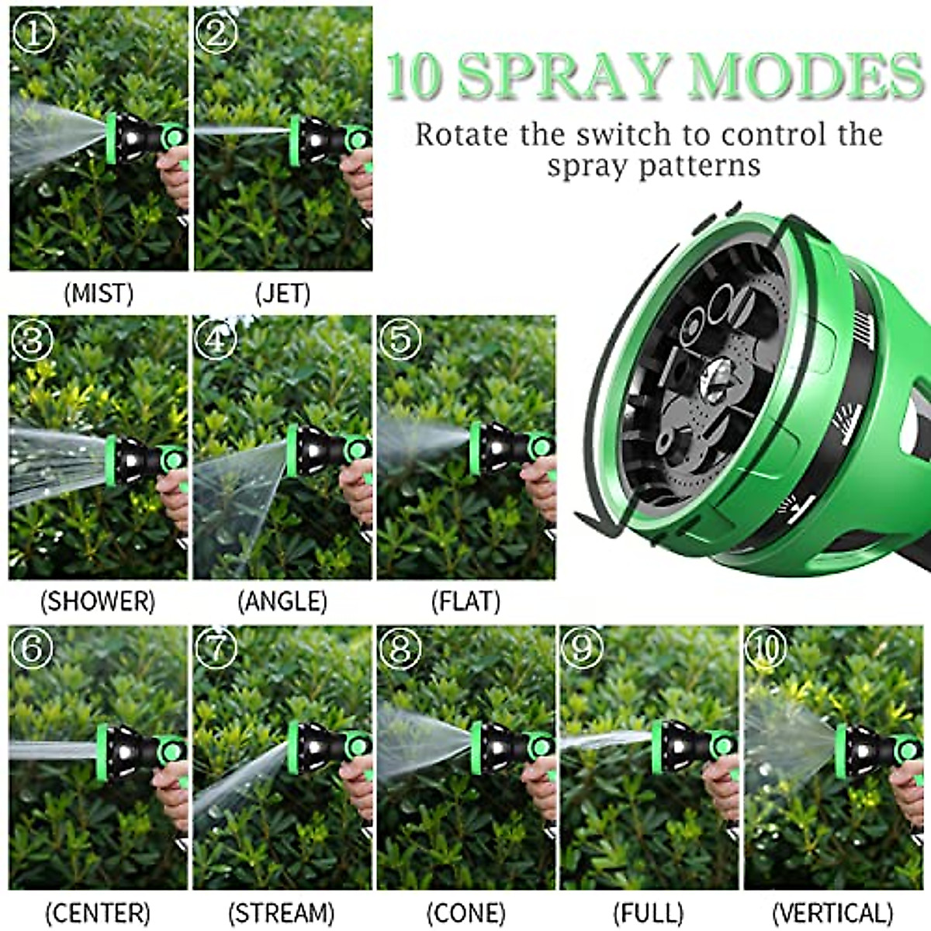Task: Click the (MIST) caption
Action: (99, 293)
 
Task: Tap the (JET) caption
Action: (282, 293)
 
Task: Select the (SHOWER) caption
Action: (98, 600)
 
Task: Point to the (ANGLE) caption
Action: (282, 600)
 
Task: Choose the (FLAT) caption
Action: (465, 600)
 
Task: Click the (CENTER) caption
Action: (98, 912)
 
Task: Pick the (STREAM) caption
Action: (282, 912)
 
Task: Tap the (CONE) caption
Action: (465, 912)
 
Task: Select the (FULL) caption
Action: (649, 912)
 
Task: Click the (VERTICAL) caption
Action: (832, 912)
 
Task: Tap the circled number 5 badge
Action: (400, 339)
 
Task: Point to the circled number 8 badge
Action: (400, 648)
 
